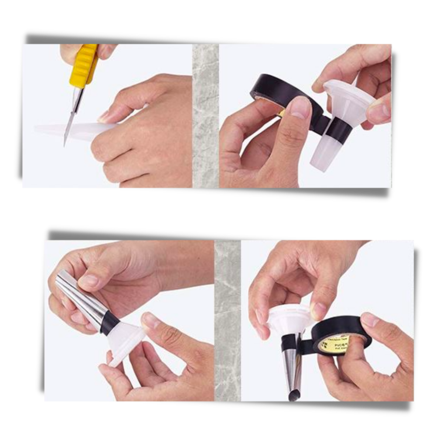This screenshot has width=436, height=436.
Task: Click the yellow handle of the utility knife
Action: (83, 66)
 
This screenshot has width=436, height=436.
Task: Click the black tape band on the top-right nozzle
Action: (338, 130)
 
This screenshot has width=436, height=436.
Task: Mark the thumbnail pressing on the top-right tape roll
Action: (300, 107)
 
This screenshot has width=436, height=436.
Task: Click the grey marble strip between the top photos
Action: (205, 116)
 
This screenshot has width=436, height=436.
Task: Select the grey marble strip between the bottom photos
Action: (227, 320)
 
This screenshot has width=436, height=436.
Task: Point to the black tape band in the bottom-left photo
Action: (109, 323)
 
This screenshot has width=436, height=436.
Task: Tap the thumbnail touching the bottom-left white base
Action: (151, 320)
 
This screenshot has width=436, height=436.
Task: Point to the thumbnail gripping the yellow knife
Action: (105, 51)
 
